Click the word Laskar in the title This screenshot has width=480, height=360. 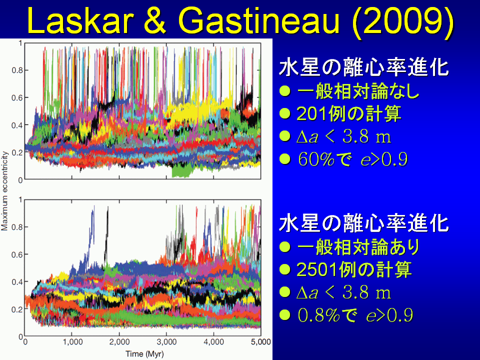(x=80, y=21)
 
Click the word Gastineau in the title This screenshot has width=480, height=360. (x=259, y=21)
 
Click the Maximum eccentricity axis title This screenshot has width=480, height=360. (x=4, y=191)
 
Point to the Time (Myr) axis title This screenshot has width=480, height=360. (x=144, y=354)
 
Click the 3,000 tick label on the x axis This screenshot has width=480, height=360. (x=166, y=341)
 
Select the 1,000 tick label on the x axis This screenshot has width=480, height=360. (x=72, y=341)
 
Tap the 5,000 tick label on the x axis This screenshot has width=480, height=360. (x=261, y=341)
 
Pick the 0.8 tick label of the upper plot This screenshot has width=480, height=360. (x=17, y=70)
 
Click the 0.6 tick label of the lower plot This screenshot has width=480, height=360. (x=17, y=254)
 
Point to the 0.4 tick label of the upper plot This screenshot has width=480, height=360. (x=17, y=125)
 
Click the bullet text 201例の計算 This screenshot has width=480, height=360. (x=349, y=114)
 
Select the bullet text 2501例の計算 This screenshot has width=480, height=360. (x=354, y=269)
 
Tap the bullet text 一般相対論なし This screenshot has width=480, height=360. (x=358, y=91)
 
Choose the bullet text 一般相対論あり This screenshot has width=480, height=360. (x=358, y=246)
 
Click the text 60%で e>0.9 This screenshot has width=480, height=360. (x=352, y=159)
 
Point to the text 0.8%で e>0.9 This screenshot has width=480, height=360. (x=355, y=315)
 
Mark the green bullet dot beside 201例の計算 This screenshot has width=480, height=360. (x=285, y=113)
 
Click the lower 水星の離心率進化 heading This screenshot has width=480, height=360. (x=363, y=223)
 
